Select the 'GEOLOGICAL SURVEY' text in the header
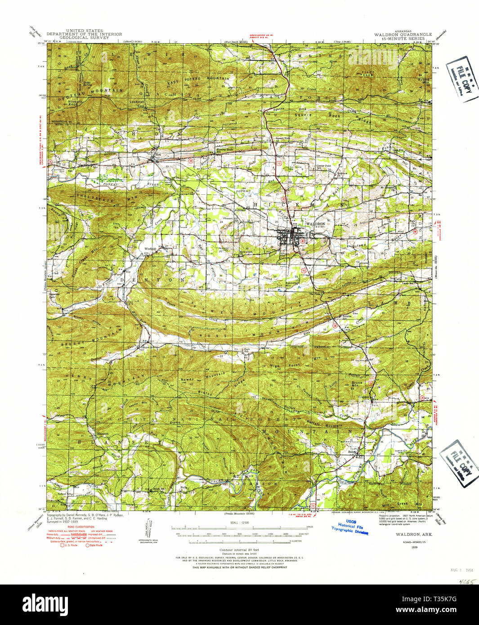click(84, 38)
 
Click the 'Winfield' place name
click(150, 249)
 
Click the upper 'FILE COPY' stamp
click(462, 80)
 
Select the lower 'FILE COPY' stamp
click(459, 464)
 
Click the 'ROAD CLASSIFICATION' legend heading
click(81, 527)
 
